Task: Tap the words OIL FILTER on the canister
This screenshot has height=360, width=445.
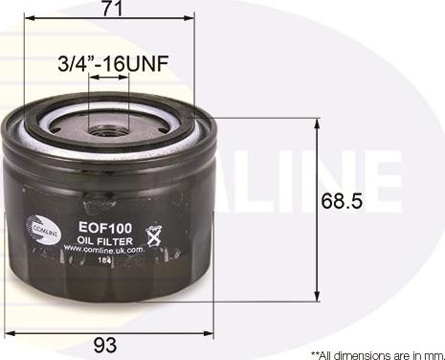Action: [x=101, y=241]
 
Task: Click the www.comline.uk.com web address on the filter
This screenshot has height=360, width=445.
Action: [x=102, y=250]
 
